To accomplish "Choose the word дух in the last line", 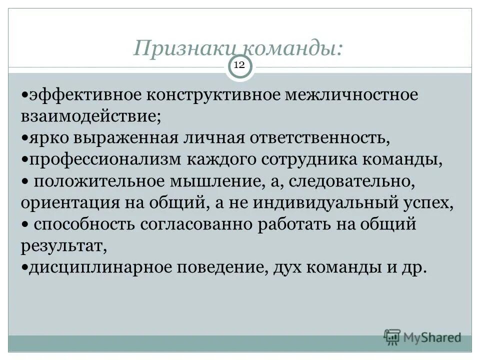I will coord(287,268).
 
